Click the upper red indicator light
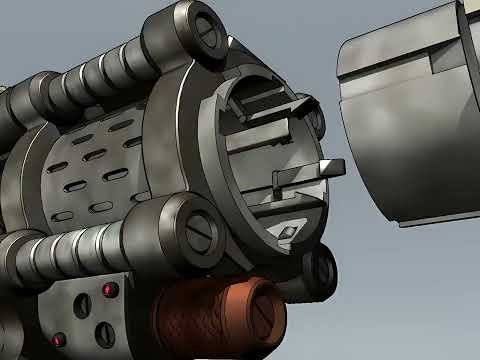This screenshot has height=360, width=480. click(110, 290)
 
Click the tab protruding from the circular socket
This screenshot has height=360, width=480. click(328, 167)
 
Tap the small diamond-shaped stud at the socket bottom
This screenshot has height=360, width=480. click(287, 231)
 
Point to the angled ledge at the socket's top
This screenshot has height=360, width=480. click(270, 100)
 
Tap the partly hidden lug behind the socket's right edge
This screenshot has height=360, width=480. click(315, 121)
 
